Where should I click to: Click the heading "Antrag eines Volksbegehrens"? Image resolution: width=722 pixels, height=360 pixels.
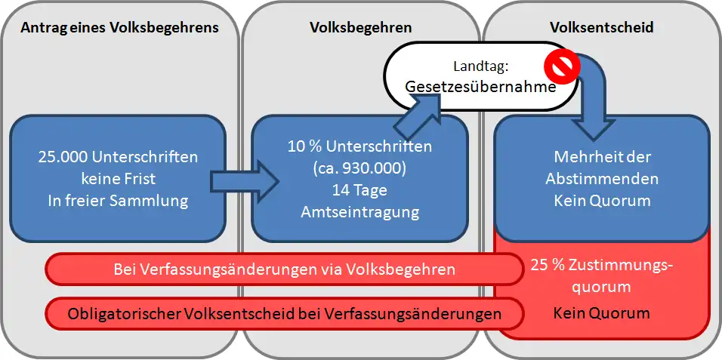click(x=120, y=28)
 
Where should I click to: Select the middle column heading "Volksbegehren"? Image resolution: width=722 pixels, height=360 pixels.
click(x=360, y=28)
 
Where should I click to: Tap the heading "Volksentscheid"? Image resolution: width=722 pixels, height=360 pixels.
click(x=601, y=27)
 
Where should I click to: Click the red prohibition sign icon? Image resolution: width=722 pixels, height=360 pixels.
click(x=561, y=66)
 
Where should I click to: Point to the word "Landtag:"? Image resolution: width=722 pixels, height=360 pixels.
click(x=481, y=66)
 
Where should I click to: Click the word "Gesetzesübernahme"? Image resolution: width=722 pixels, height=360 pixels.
click(x=480, y=87)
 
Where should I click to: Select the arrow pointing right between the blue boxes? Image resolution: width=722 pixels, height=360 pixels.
click(x=245, y=181)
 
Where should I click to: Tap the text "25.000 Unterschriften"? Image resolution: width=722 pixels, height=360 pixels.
click(x=119, y=157)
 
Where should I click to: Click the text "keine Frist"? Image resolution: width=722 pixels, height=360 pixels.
click(x=119, y=179)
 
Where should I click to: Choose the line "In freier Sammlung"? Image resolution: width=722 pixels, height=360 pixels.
click(x=119, y=202)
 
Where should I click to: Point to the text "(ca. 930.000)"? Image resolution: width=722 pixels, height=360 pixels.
click(x=360, y=169)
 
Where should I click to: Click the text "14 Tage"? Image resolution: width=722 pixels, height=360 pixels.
click(x=360, y=191)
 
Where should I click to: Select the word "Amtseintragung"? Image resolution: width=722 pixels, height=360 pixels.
click(x=360, y=212)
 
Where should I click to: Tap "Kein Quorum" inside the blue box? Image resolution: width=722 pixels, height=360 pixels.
click(x=601, y=201)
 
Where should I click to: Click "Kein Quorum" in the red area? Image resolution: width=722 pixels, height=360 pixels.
click(x=601, y=313)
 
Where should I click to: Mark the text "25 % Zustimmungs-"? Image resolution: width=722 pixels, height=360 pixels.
click(x=601, y=266)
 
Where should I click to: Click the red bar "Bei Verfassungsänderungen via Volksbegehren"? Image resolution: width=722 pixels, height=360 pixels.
click(x=284, y=269)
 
